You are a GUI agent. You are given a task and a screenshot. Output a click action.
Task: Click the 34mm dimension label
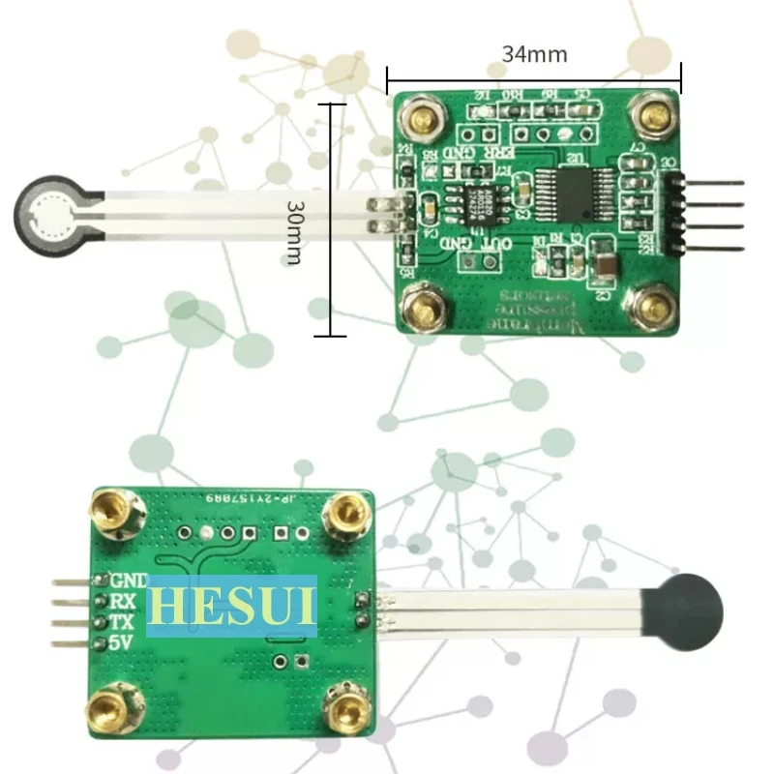point(534,54)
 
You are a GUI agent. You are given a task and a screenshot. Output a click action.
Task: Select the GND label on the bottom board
point(129,580)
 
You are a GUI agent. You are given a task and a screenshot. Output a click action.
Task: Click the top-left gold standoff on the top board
point(422,119)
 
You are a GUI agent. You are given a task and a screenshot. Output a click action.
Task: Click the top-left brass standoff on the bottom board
point(113,511)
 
